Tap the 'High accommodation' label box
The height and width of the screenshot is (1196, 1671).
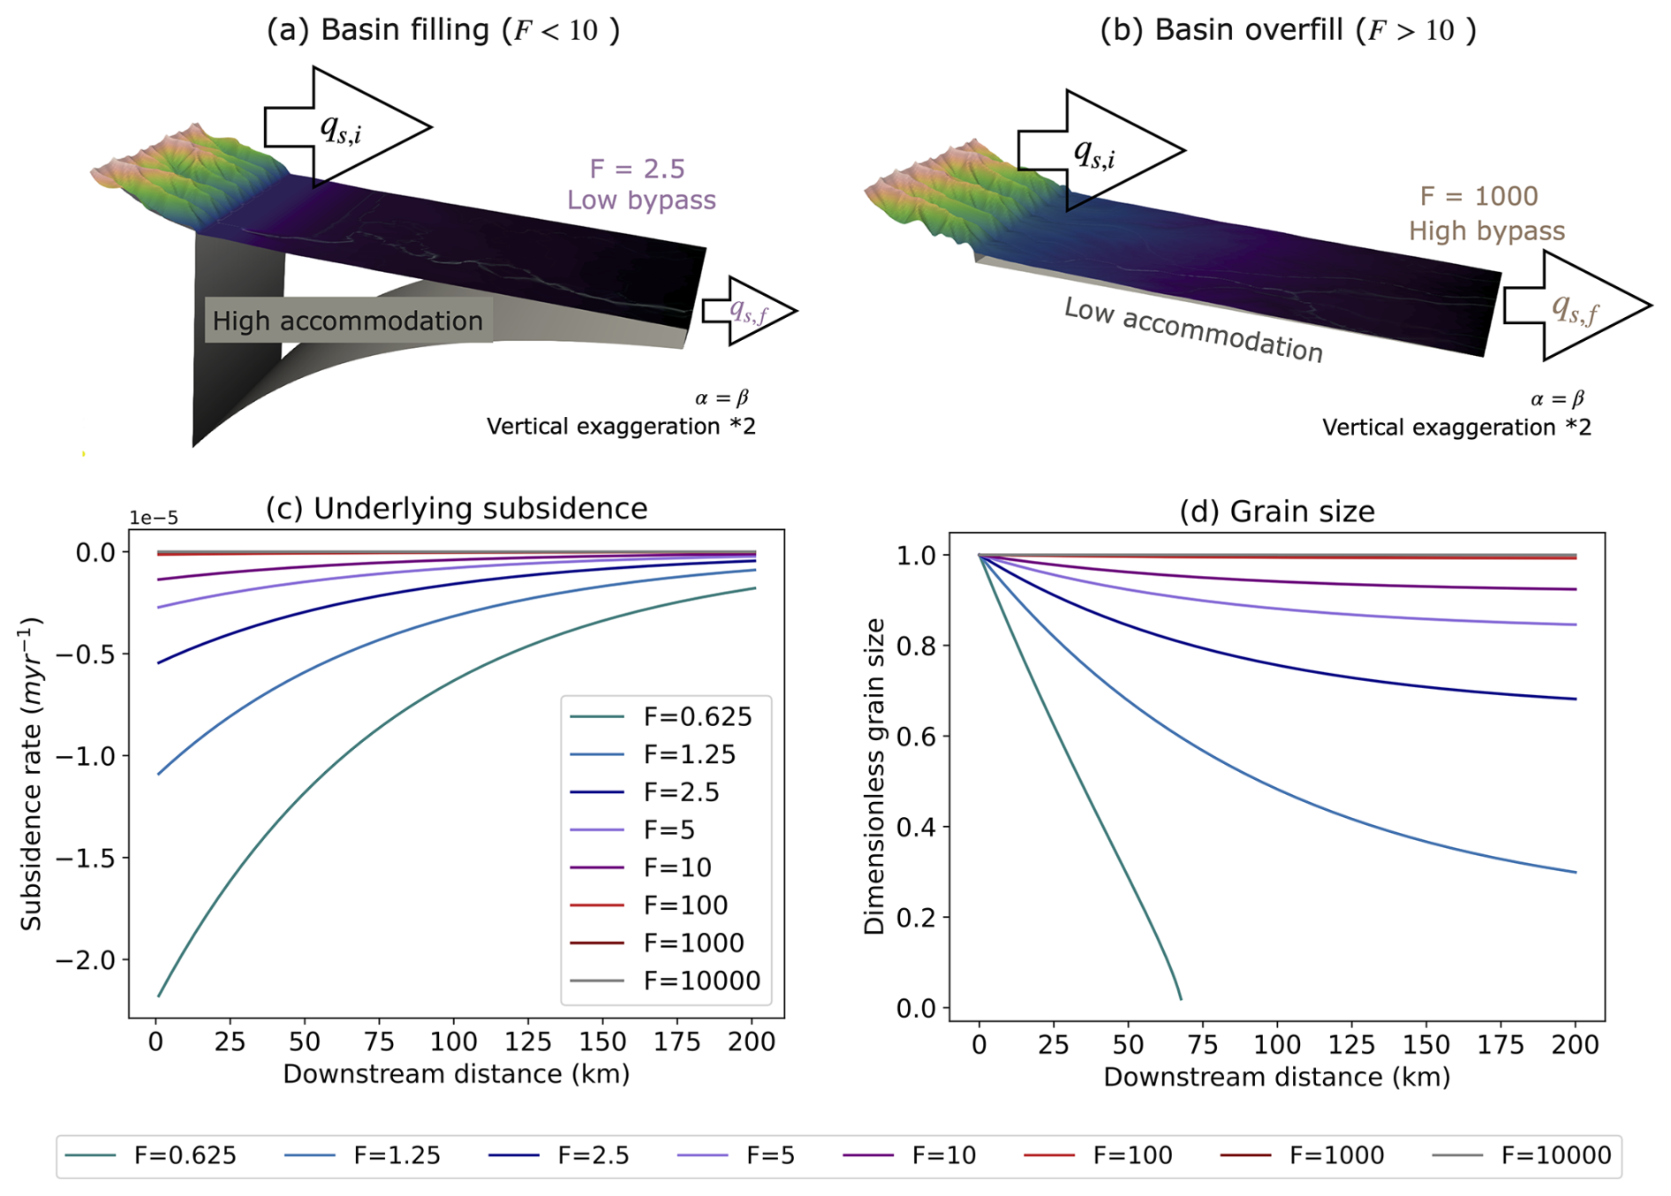tap(348, 321)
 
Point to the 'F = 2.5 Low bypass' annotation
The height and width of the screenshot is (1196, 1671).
tap(640, 185)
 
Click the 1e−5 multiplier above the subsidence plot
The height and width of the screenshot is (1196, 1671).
tap(154, 519)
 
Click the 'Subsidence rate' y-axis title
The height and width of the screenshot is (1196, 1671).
tap(32, 774)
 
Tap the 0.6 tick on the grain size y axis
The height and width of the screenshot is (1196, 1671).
tap(916, 737)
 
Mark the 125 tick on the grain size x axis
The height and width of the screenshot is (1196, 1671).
tap(1352, 1045)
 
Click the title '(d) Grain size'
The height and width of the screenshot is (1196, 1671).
tap(1276, 511)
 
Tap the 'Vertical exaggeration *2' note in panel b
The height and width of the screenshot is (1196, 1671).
tap(1456, 428)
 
